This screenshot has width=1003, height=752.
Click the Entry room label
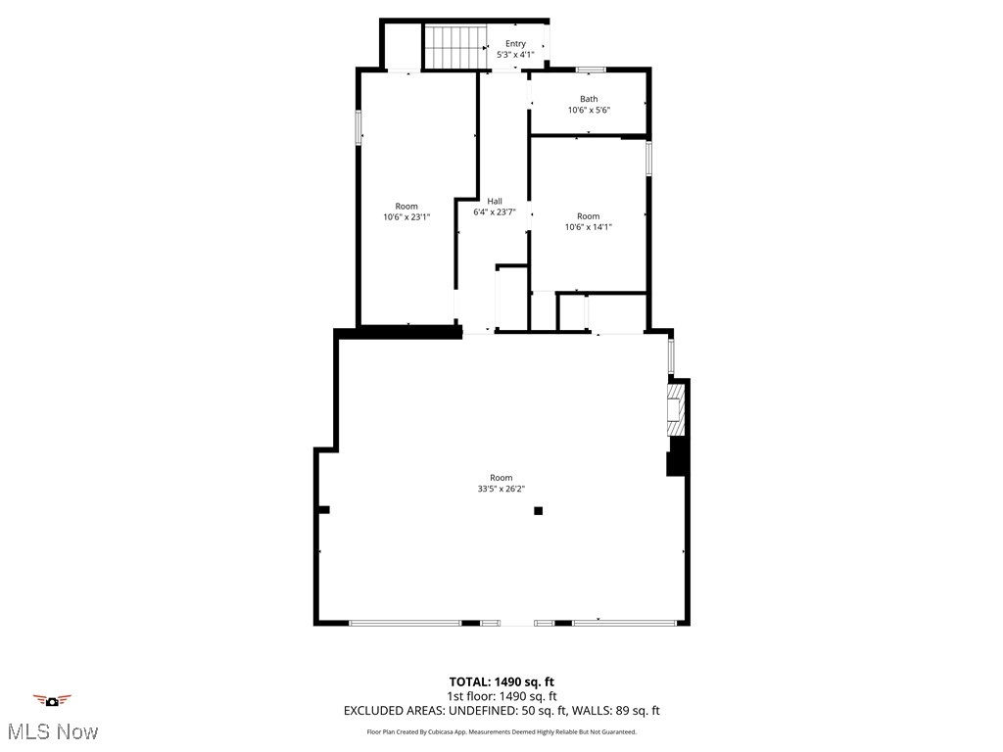tap(515, 43)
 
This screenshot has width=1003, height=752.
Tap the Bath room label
tap(589, 98)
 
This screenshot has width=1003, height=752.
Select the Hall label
tap(495, 201)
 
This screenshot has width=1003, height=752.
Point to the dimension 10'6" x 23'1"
tap(406, 217)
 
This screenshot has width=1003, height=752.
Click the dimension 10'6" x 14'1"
tap(588, 227)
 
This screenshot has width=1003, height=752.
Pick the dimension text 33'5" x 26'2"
tap(501, 489)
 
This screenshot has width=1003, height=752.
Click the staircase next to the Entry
tap(455, 47)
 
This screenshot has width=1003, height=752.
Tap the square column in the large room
tap(538, 510)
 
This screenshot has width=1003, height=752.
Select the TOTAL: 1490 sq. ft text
tap(501, 681)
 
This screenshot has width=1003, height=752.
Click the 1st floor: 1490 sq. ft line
tap(501, 696)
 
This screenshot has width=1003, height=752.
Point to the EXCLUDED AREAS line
tap(501, 711)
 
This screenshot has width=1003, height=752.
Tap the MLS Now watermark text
tap(54, 731)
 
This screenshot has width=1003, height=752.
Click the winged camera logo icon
tap(53, 700)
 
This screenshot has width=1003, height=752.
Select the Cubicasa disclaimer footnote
tap(501, 731)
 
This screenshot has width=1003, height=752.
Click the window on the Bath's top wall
tap(590, 69)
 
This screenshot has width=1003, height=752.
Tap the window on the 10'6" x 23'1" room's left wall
tap(358, 127)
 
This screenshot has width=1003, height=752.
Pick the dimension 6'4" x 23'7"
tap(495, 211)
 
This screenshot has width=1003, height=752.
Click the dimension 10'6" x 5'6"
tap(589, 110)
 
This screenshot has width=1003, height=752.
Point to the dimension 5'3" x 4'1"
tap(515, 55)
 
